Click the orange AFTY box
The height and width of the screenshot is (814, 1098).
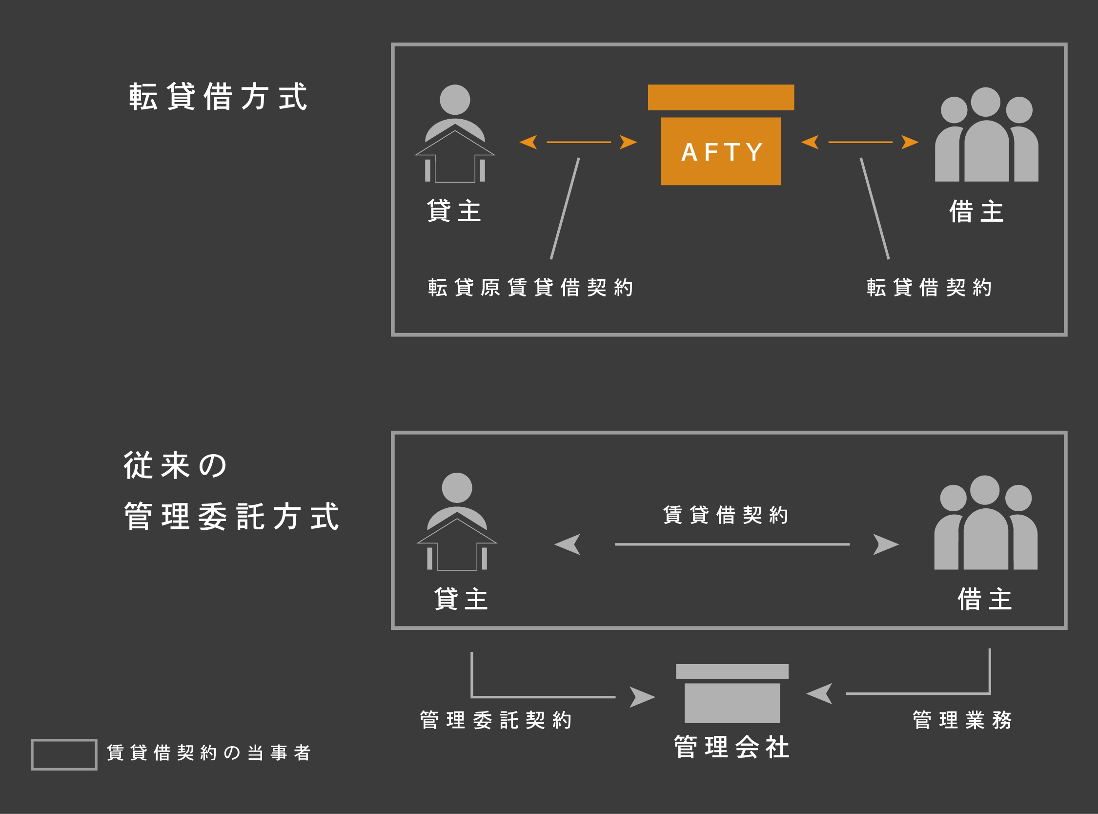[x=721, y=151]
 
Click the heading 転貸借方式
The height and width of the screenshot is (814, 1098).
[x=218, y=97]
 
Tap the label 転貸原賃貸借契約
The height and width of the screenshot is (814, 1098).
[x=530, y=287]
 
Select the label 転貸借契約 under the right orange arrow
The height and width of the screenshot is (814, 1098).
[x=929, y=287]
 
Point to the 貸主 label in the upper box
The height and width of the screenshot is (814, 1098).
[x=454, y=211]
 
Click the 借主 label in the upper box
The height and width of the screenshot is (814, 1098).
[x=976, y=211]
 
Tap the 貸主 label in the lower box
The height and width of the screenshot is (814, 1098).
[x=461, y=599]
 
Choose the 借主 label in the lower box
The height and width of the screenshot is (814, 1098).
[x=985, y=599]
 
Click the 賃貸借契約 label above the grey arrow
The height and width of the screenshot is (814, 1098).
[x=725, y=515]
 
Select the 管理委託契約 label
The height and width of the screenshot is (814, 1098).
[x=495, y=720]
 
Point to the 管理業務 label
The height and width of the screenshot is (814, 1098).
[x=962, y=720]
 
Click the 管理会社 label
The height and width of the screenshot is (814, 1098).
[x=732, y=747]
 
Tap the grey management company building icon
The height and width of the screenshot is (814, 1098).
[x=732, y=693]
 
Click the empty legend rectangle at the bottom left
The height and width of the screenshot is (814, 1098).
[x=64, y=754]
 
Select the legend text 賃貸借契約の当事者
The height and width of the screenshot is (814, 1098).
[x=209, y=753]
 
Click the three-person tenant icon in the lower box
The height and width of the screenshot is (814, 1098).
[x=986, y=523]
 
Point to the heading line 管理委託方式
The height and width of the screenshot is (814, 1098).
[x=231, y=517]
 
